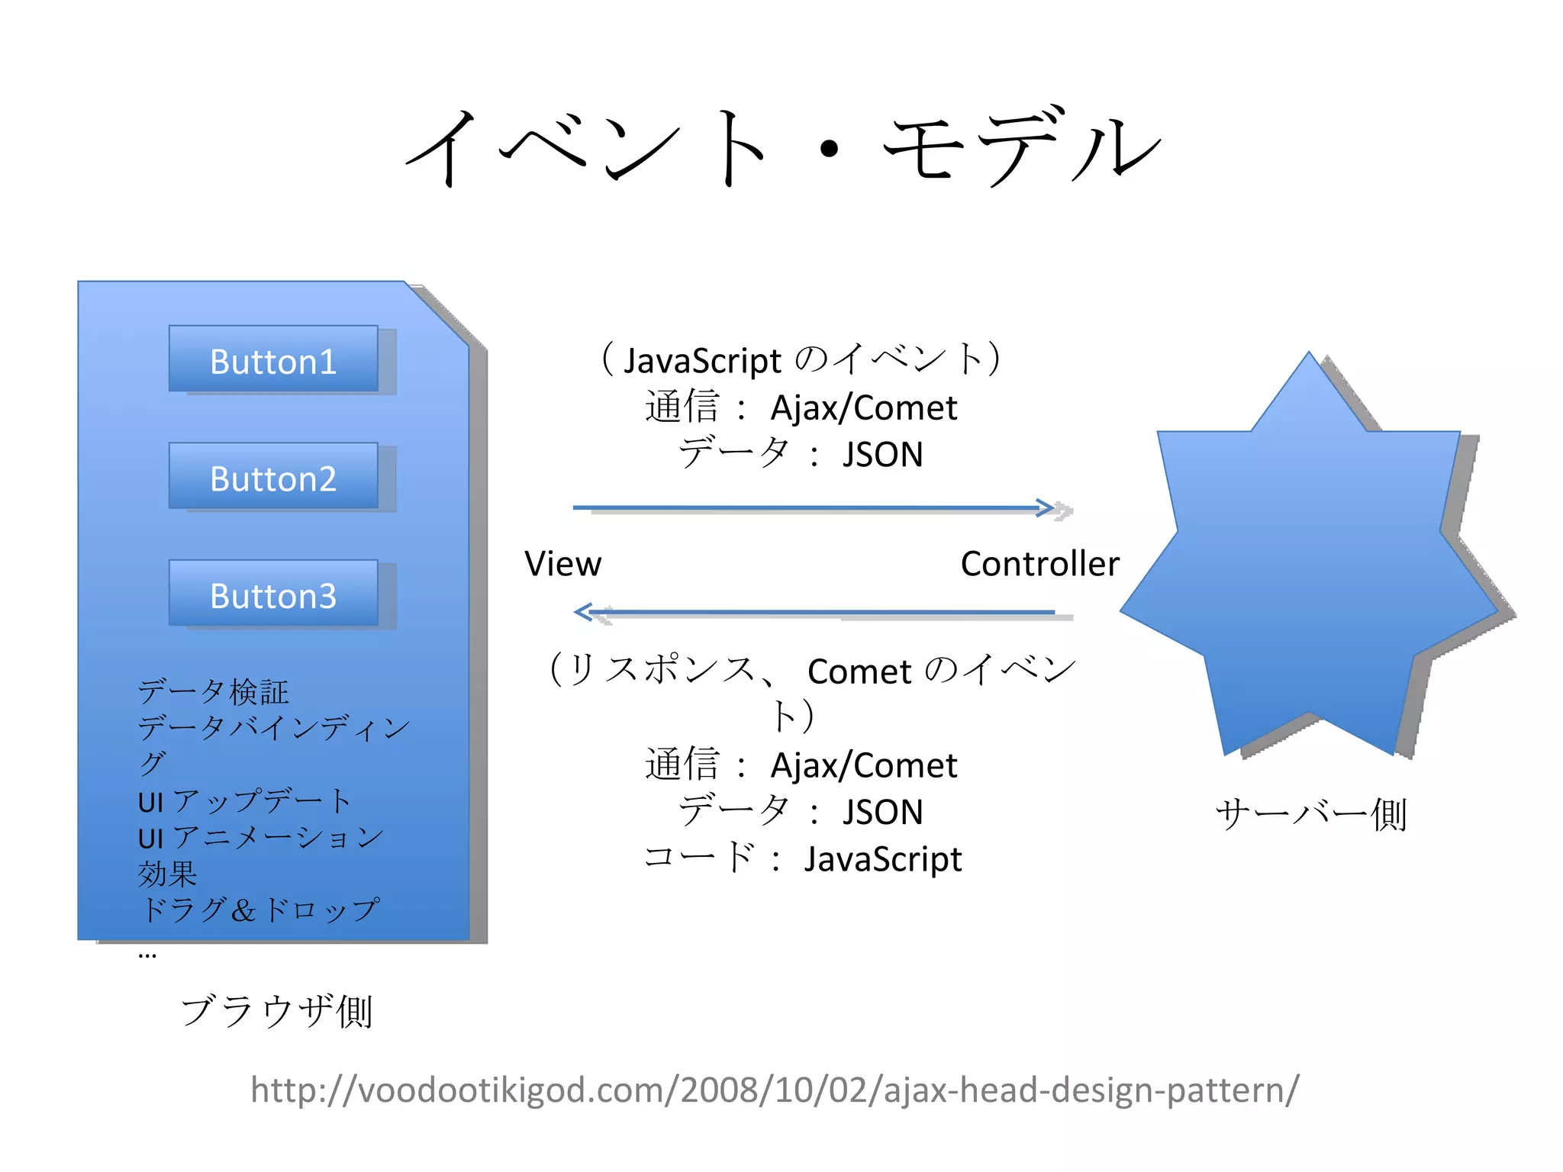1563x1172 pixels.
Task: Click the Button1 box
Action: [273, 360]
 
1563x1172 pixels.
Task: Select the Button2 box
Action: [273, 477]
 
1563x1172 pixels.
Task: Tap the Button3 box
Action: [273, 594]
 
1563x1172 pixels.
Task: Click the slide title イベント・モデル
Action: [782, 147]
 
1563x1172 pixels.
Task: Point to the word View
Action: [562, 564]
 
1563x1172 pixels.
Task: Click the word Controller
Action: [1039, 564]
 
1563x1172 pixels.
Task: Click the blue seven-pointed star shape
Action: [1309, 565]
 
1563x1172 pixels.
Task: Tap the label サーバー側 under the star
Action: [1310, 814]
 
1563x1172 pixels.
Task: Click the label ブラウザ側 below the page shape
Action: [276, 1011]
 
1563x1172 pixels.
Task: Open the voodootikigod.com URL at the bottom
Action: [774, 1090]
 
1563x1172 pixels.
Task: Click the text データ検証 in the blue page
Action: [214, 692]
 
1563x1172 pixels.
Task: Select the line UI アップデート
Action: [244, 801]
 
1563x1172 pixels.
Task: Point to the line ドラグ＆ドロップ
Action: [259, 910]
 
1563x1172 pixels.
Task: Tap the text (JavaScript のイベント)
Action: [801, 359]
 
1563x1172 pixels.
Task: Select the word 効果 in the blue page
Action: [167, 874]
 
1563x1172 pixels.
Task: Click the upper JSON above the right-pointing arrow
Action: [883, 455]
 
